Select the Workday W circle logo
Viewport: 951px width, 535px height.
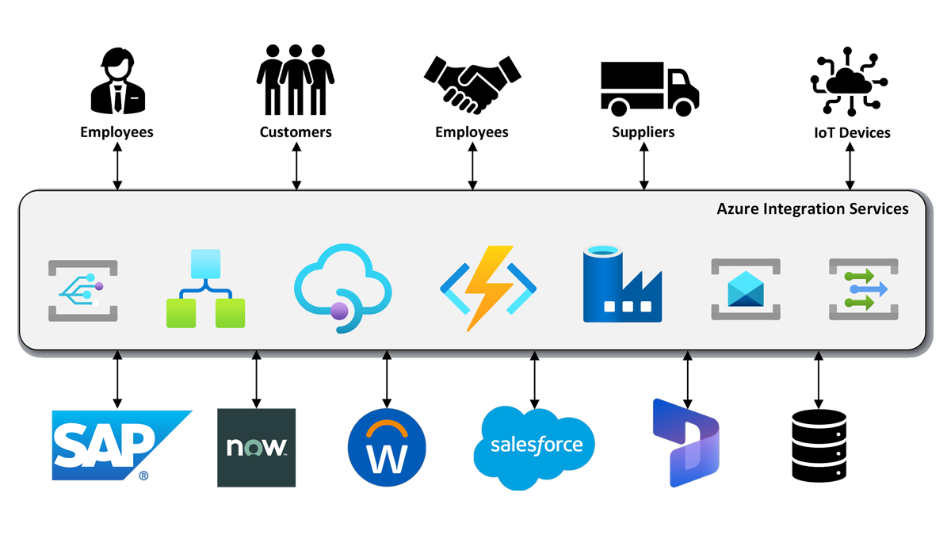coord(387,449)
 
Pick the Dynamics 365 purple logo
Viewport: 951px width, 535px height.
coord(684,444)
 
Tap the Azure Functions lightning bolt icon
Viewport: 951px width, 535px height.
coord(487,288)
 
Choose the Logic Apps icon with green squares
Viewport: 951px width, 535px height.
coord(205,289)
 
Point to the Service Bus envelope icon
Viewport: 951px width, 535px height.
coord(745,289)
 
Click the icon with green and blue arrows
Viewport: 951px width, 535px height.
coord(863,289)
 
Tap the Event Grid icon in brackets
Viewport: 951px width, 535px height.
coord(82,290)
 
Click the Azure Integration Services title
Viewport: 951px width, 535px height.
coord(812,209)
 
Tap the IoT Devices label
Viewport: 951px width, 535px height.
coord(853,132)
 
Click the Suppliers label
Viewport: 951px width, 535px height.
coord(643,132)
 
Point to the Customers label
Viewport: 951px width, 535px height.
coord(296,132)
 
